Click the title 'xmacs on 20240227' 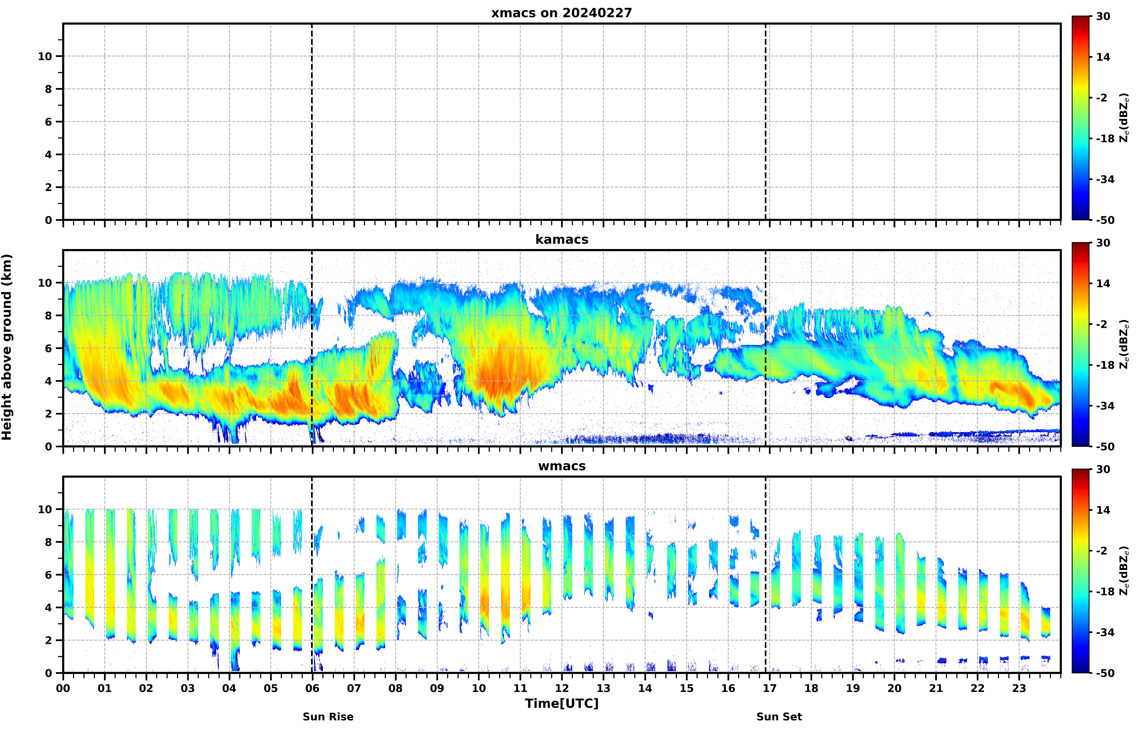coord(562,13)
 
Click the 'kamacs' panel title coord(562,239)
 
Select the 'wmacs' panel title coord(562,466)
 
